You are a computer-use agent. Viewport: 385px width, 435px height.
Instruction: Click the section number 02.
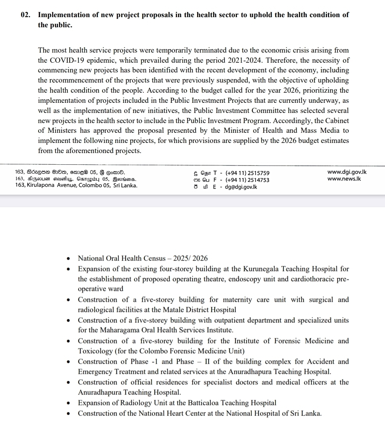point(26,15)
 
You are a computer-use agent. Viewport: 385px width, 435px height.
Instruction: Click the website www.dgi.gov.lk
point(347,172)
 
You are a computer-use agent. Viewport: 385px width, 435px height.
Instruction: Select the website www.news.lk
point(344,179)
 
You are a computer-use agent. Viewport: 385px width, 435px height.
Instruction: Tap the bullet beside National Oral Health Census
point(69,259)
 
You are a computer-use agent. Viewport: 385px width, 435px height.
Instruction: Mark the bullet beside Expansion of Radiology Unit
point(69,403)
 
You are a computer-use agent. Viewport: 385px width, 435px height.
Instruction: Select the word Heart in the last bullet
point(182,413)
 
